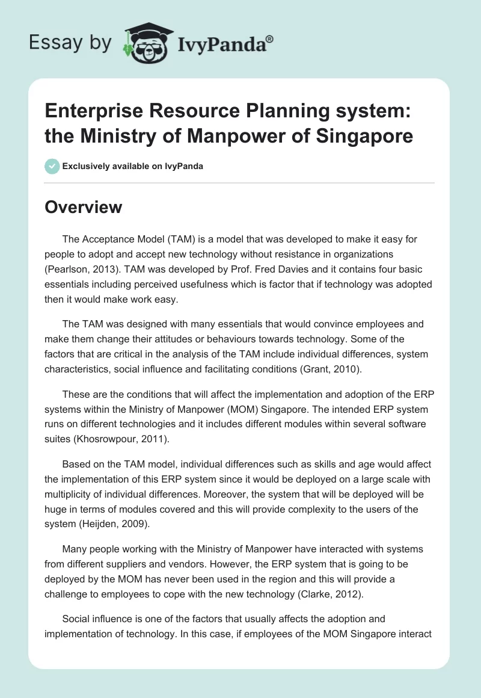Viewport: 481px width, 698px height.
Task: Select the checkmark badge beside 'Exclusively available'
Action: pos(52,166)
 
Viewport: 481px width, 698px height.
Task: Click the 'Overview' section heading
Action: pos(83,208)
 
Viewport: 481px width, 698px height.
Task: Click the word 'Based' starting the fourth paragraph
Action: pos(76,464)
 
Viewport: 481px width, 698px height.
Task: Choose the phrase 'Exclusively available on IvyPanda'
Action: pos(132,166)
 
